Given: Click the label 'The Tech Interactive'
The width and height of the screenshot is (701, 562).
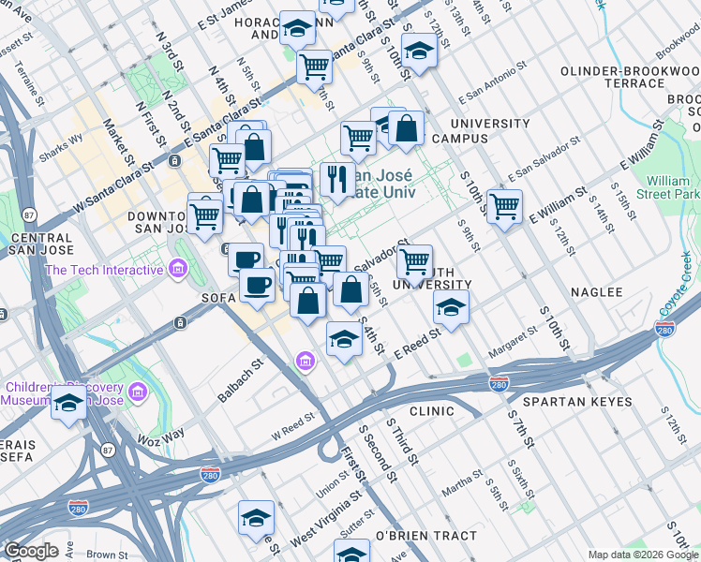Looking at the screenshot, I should click(105, 271).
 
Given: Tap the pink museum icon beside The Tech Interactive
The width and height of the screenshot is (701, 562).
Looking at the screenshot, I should click(177, 271).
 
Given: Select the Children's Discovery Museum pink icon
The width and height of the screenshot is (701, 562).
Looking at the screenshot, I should click(138, 390).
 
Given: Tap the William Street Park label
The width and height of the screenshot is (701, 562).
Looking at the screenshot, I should click(672, 186).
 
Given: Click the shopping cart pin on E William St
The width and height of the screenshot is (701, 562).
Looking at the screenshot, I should click(504, 204).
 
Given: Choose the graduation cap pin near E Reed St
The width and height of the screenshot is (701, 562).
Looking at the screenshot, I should click(451, 308).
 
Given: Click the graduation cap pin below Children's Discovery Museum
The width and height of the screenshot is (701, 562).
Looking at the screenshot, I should click(67, 405).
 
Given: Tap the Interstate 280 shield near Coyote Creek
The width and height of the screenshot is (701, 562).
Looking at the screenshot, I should click(664, 329).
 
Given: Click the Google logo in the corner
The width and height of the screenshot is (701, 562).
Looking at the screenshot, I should click(31, 551).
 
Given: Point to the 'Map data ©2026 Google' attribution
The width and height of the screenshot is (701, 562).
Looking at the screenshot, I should click(642, 555).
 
